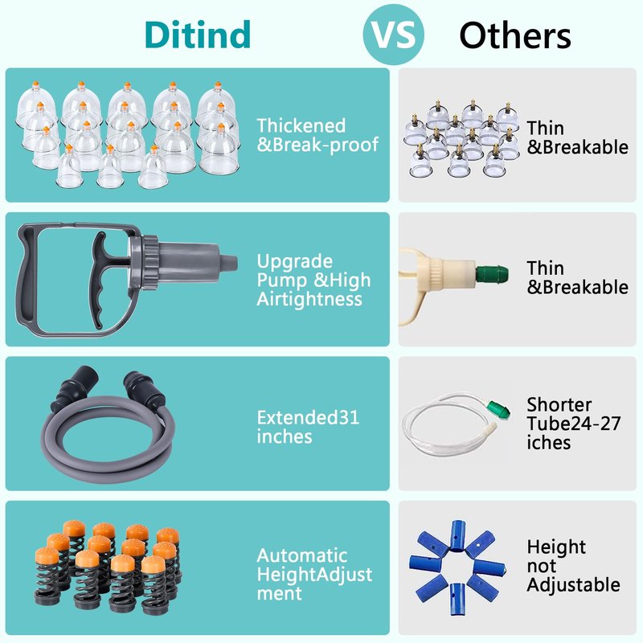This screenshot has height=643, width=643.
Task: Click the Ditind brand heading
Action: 198,35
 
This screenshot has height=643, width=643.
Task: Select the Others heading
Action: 514,36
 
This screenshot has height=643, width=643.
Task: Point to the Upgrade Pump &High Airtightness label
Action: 313,281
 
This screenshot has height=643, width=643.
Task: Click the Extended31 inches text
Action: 308,427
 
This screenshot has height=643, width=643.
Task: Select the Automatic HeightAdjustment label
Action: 314,575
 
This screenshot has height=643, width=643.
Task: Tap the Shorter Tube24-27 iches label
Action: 573,424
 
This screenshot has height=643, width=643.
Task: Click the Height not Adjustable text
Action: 573,566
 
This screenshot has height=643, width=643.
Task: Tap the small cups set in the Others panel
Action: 461,138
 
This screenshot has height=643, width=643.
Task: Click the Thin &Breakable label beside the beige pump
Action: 577,277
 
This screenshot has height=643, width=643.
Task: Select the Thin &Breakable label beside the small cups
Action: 577,137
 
